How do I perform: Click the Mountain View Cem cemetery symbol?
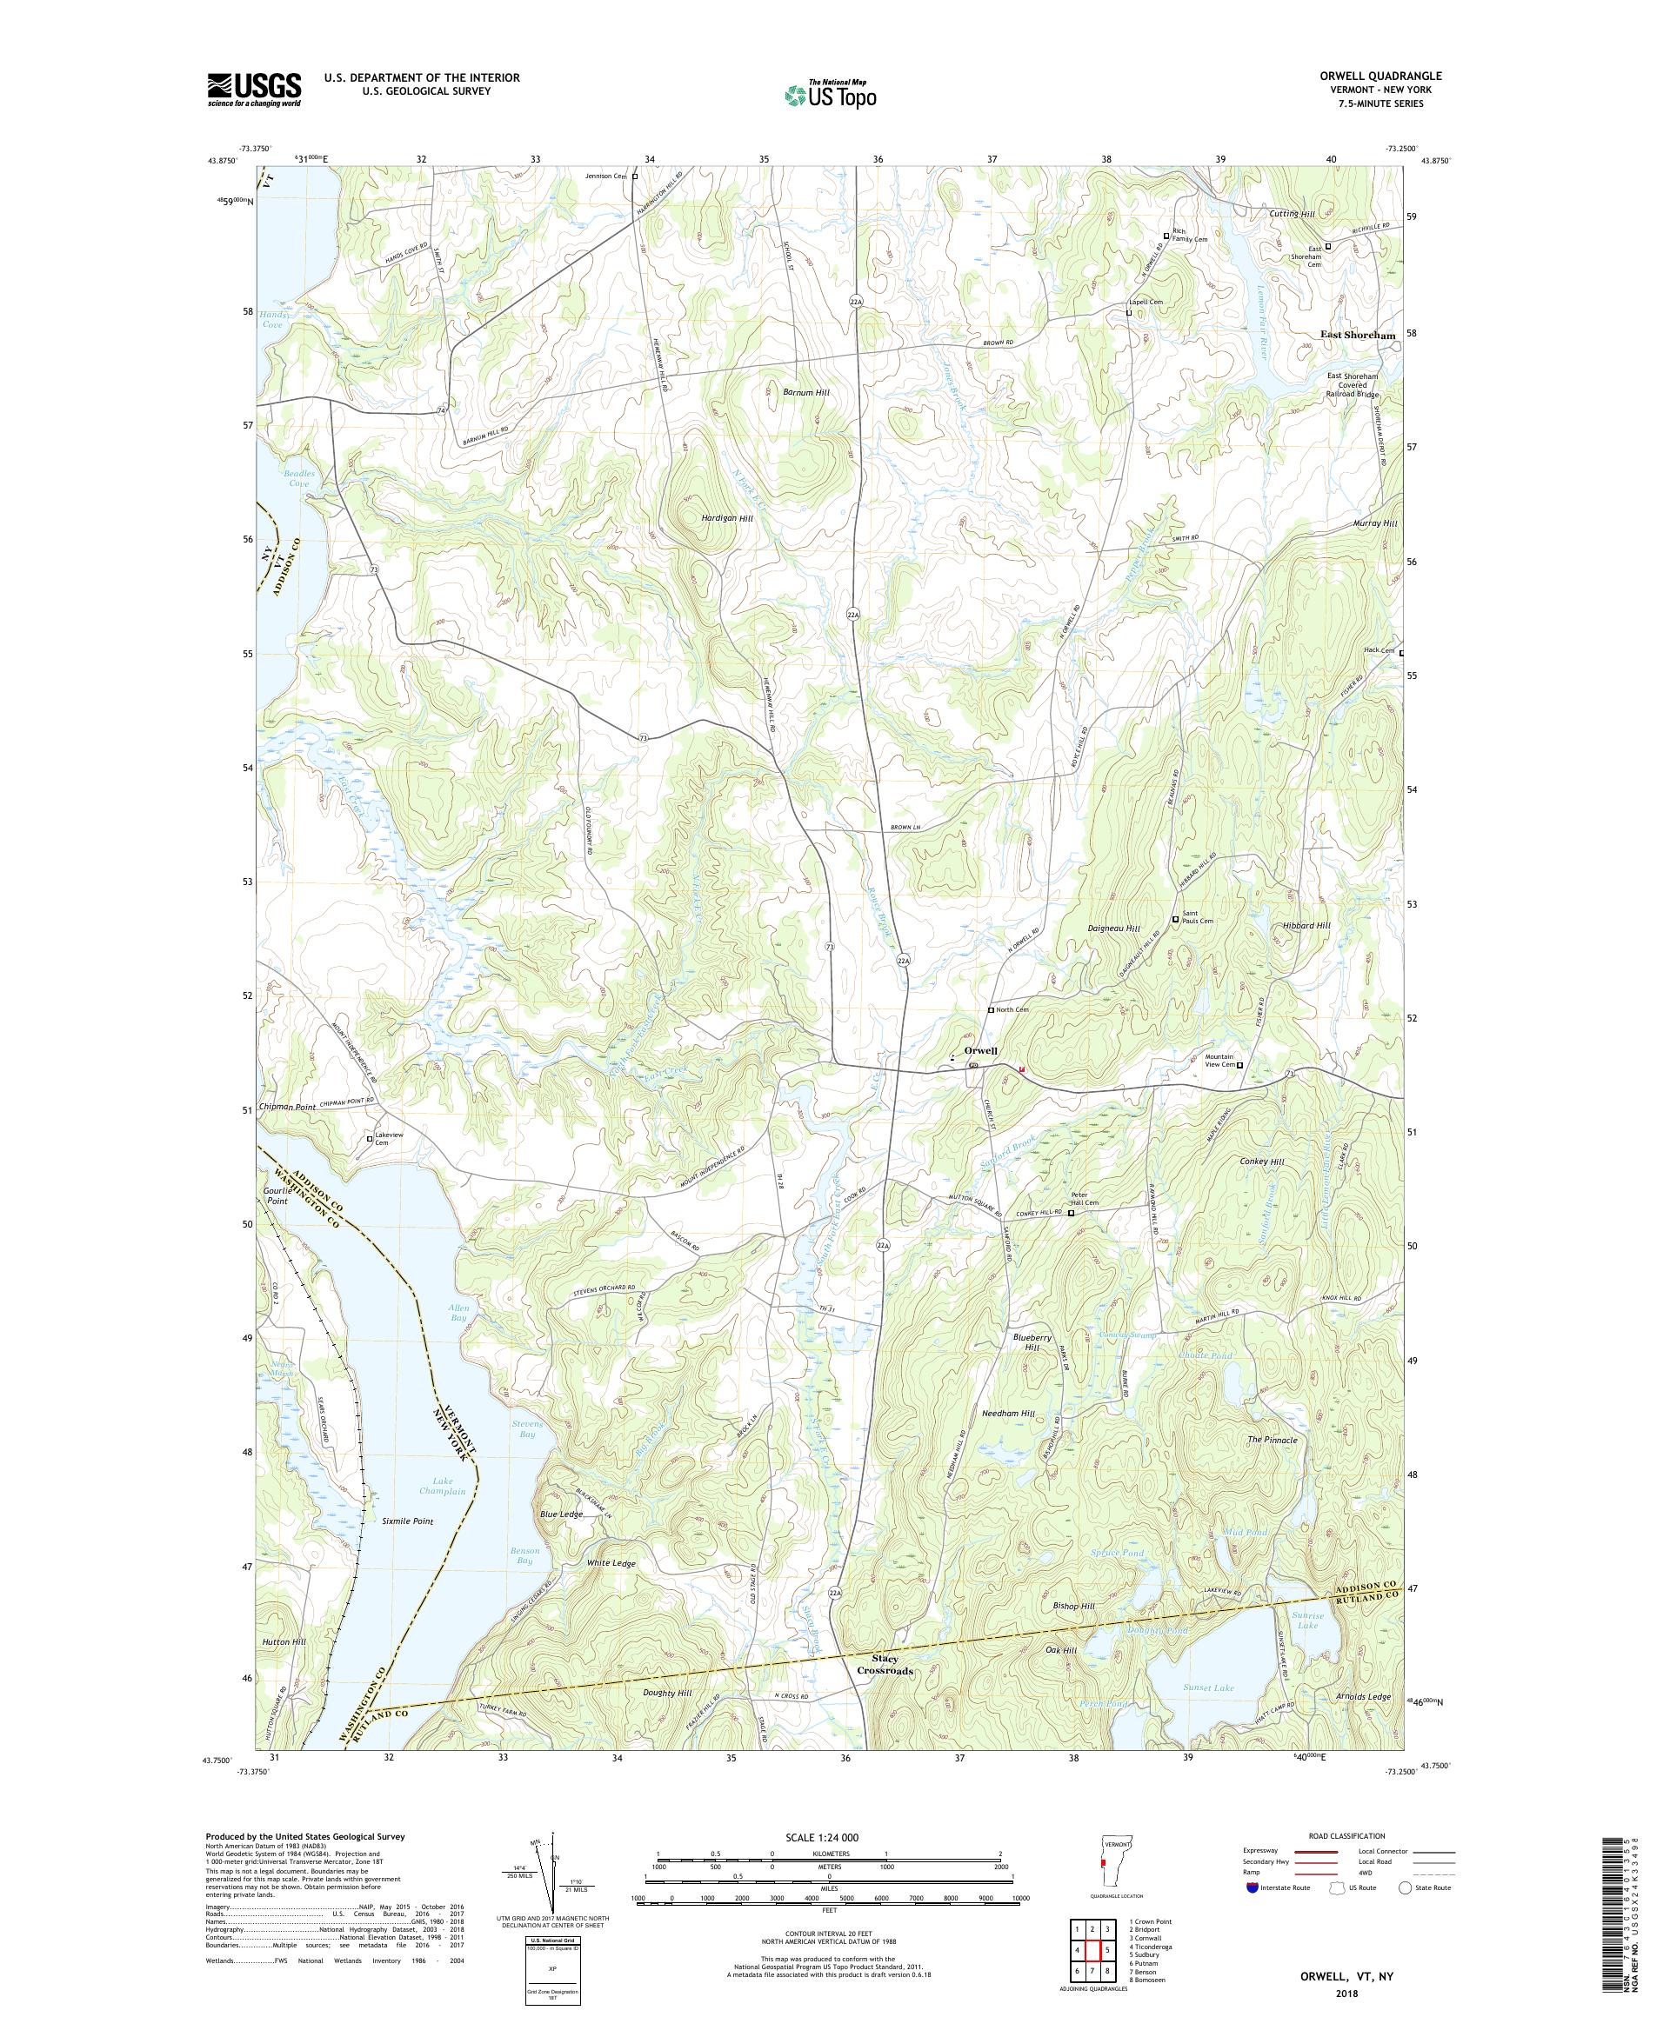click(x=1239, y=1065)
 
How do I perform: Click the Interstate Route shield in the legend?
click(x=1251, y=1887)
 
